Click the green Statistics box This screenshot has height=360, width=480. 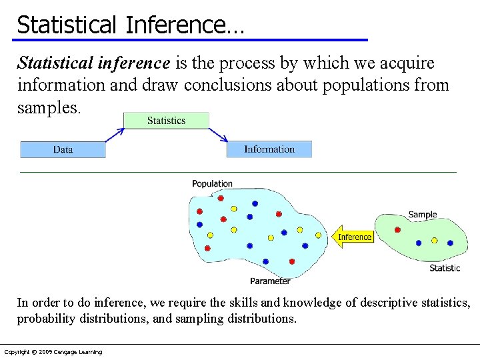(x=166, y=121)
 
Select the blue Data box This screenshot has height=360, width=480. (x=63, y=149)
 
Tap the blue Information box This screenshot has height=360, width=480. (x=269, y=149)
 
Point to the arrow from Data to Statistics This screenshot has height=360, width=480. (x=115, y=135)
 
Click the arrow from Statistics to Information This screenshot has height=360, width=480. (x=218, y=135)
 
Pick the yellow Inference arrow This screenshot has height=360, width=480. (x=353, y=237)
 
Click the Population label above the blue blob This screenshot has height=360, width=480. (x=212, y=183)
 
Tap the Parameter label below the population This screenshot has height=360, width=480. (x=270, y=281)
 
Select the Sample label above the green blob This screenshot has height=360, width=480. (x=422, y=215)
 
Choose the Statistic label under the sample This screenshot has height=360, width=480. (x=445, y=268)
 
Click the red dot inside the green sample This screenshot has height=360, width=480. (x=398, y=230)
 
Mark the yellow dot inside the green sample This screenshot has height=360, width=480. (x=434, y=240)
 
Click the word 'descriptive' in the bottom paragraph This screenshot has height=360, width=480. (x=385, y=303)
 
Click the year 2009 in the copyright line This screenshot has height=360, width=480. (x=47, y=352)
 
